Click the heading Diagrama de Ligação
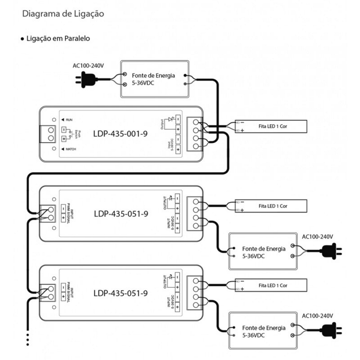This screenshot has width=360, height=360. (x=63, y=14)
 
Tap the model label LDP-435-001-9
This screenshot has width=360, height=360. (x=121, y=134)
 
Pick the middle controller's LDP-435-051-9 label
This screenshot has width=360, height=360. (x=121, y=213)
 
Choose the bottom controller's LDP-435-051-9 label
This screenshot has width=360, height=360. (x=121, y=293)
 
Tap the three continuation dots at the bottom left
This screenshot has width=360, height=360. (x=28, y=339)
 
